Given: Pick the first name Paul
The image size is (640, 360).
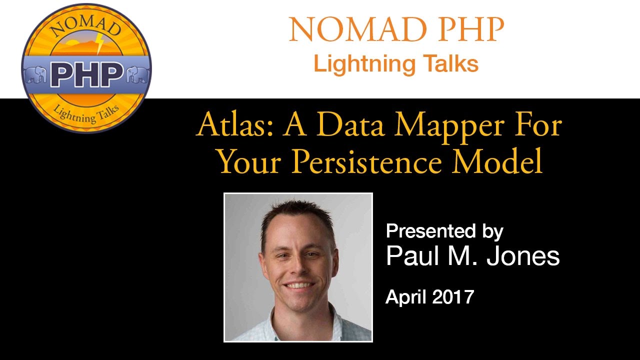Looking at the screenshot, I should (410, 256).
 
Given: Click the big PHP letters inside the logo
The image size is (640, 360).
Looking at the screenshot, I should (87, 74).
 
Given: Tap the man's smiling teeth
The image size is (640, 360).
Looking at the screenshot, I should (299, 285).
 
